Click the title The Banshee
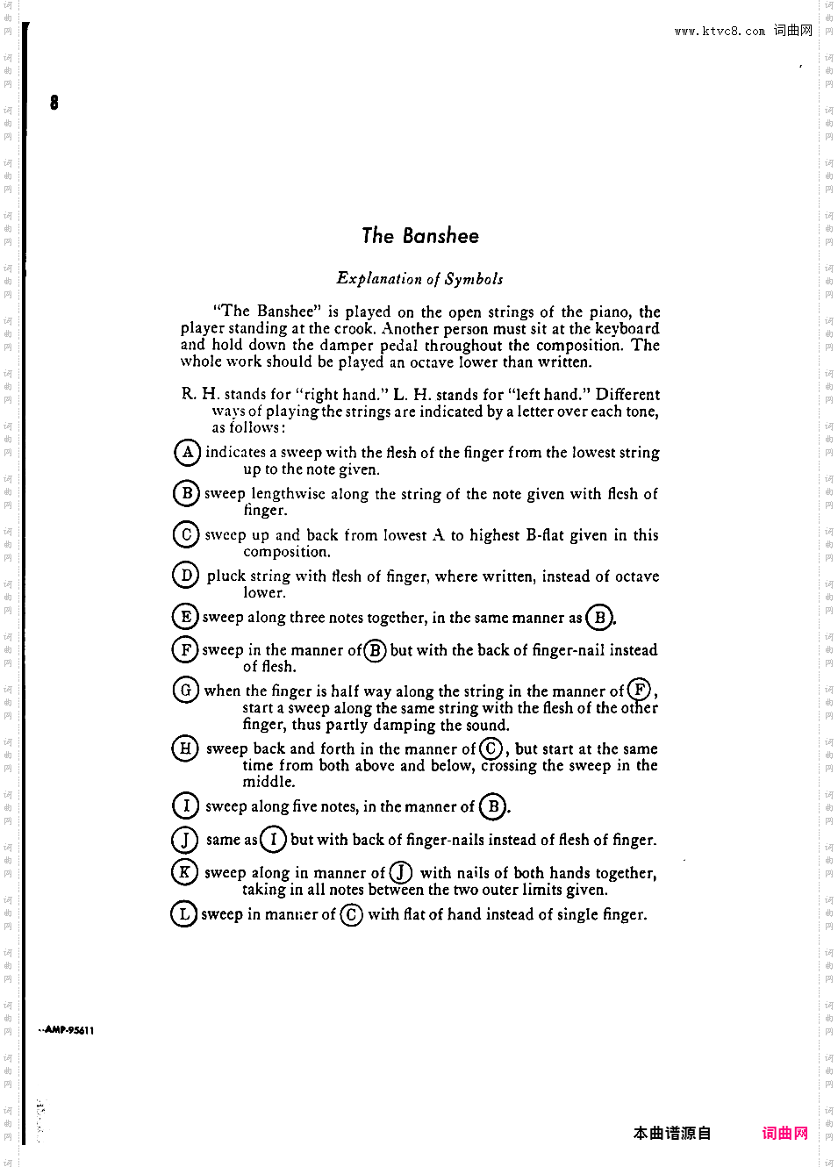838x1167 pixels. coord(420,236)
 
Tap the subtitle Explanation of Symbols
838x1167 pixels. coord(419,279)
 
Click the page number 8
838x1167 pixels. coord(54,103)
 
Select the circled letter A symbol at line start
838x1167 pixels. coord(187,453)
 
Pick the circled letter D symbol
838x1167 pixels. coord(185,576)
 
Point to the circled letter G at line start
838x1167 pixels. coord(185,691)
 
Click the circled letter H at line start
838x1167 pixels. coord(185,748)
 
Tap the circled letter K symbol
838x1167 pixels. coord(184,872)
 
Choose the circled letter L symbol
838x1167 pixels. coord(183,914)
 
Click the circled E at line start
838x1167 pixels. coord(185,617)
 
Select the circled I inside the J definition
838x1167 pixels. coord(273,840)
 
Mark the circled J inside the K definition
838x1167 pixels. coord(401,872)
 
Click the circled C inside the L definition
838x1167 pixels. coord(351,914)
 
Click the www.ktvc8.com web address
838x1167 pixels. coord(720,32)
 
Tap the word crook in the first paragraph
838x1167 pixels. coord(354,329)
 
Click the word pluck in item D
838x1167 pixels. coord(226,576)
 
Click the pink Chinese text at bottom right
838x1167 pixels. coord(784,1133)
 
